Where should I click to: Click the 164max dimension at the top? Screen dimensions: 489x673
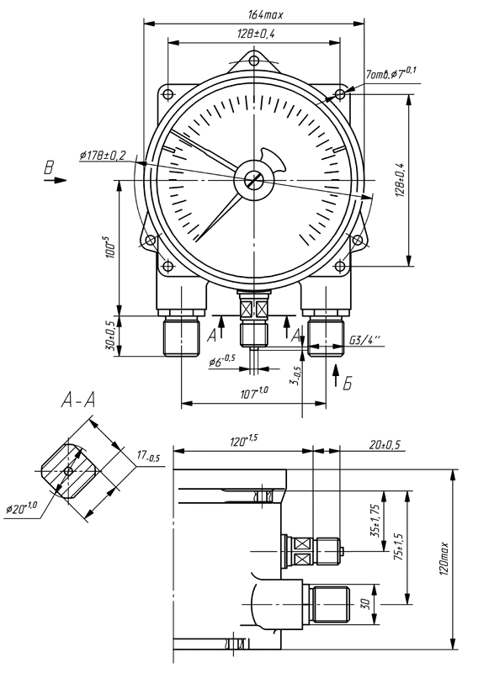coord(265,14)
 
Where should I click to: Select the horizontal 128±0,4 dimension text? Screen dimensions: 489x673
coord(256,34)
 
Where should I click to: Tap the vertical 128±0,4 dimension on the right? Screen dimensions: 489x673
coord(400,180)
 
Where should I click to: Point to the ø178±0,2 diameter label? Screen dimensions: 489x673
coord(102,155)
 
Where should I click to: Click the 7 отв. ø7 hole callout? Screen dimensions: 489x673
coord(391,73)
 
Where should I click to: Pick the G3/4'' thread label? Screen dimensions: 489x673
coord(364,341)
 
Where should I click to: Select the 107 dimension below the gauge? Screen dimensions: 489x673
coord(253,392)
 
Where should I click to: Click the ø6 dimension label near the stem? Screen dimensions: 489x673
coord(222,361)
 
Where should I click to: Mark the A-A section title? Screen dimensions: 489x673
coord(78,401)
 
